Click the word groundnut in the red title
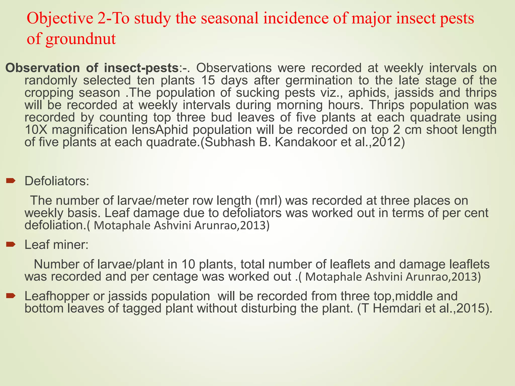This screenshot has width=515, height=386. click(x=81, y=39)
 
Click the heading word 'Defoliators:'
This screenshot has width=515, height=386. click(x=57, y=181)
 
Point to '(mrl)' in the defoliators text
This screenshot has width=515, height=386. click(x=268, y=201)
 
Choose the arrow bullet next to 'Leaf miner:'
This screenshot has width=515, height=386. click(x=11, y=244)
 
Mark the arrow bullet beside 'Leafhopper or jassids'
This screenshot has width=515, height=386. click(x=11, y=295)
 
